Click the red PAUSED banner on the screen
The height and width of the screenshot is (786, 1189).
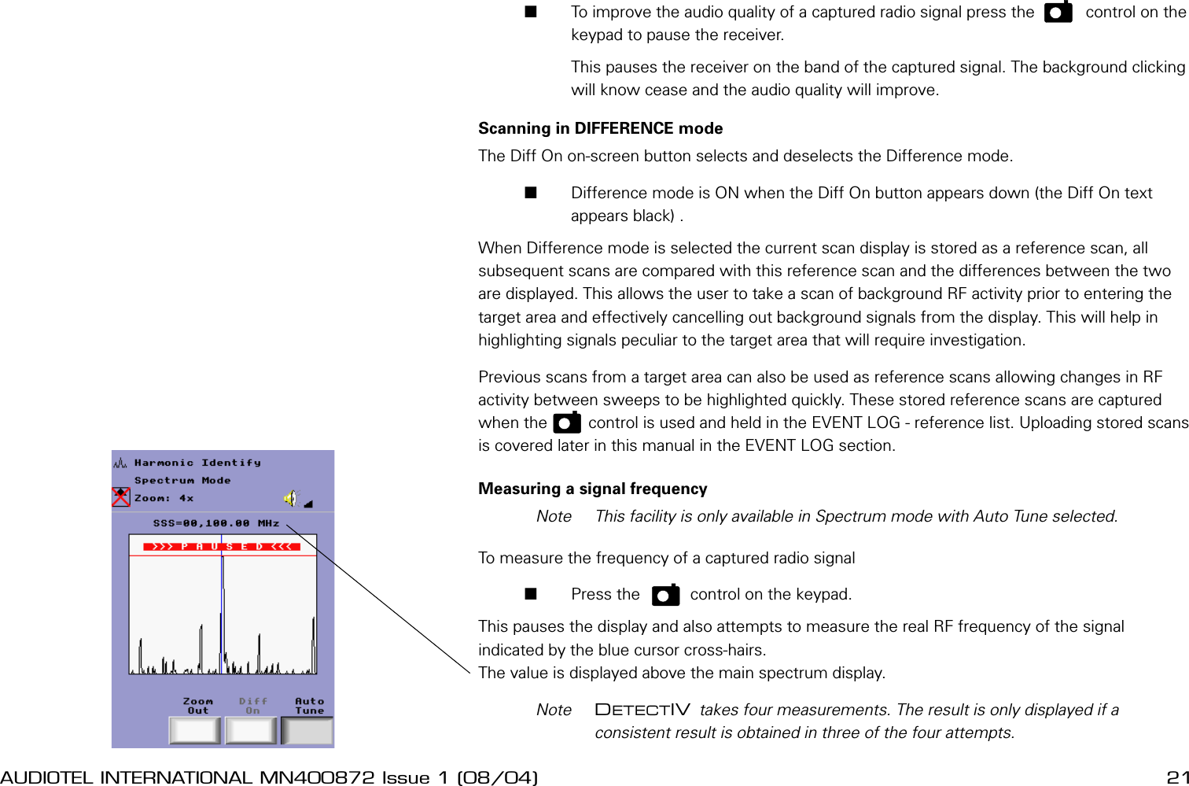tap(222, 546)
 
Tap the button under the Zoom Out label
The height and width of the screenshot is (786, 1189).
tap(194, 730)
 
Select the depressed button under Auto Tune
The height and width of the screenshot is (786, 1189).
tap(307, 730)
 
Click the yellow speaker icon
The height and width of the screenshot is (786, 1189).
tap(291, 498)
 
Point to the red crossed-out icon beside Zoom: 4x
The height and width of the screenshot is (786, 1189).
tap(120, 497)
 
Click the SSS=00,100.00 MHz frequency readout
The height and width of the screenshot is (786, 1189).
tap(216, 523)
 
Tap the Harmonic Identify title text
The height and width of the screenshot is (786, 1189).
tap(197, 463)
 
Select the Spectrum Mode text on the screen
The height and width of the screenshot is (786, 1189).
tap(182, 480)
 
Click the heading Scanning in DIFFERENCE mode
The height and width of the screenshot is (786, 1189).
tap(600, 128)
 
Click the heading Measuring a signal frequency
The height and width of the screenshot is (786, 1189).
tap(592, 489)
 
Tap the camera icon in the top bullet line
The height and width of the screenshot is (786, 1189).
tap(1058, 13)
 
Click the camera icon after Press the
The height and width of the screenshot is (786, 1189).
tap(665, 595)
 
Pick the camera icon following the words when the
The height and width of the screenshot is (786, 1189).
tap(566, 423)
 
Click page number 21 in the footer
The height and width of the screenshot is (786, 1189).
tap(1176, 777)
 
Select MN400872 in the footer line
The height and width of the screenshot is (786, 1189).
tap(317, 777)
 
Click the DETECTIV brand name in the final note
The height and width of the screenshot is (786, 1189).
tap(642, 710)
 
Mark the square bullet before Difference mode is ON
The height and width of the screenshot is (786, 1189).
tap(531, 193)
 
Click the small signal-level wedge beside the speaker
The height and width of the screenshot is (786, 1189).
tap(308, 504)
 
